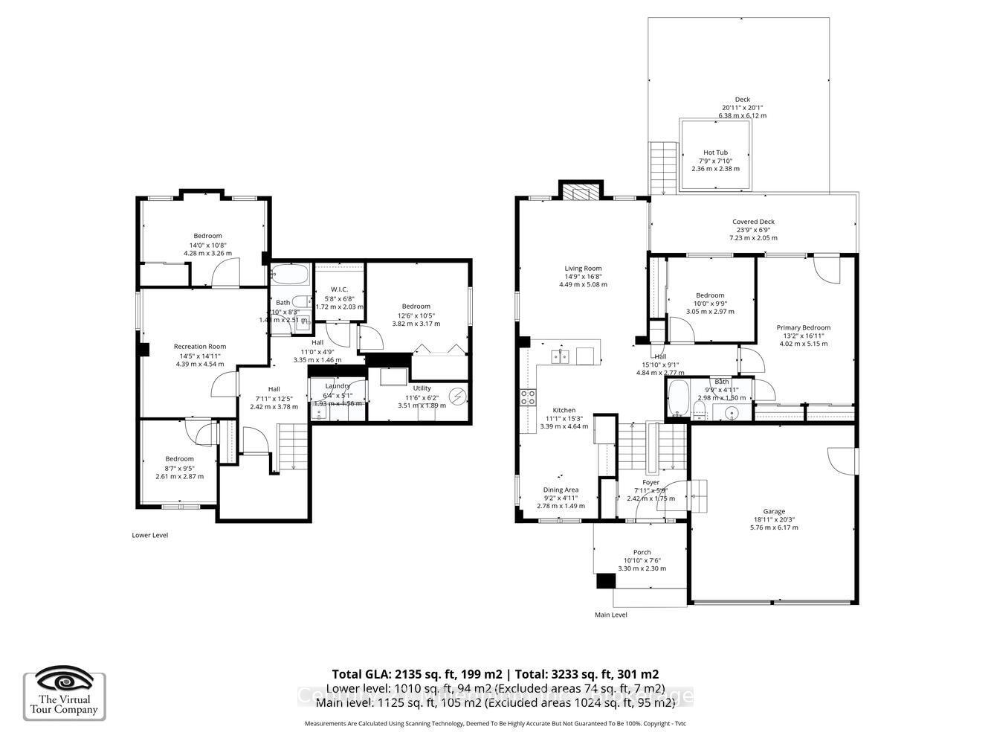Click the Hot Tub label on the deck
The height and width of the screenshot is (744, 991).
point(716,153)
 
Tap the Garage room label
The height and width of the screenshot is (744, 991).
point(774,512)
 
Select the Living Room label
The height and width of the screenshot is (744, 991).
point(583,269)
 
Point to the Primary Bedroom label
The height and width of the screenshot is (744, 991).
point(803,327)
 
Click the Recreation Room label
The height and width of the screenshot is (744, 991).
point(200,347)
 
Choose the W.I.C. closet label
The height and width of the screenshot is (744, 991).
point(339,289)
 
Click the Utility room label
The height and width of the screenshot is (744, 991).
point(422,388)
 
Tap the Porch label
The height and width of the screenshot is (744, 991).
point(642,553)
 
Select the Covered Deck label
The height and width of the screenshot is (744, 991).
point(753,222)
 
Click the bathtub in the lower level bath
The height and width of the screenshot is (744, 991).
point(289,275)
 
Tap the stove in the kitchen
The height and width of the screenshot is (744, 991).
point(528,397)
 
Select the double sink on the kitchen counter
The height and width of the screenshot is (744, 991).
point(561,357)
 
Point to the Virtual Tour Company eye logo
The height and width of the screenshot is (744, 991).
point(65,679)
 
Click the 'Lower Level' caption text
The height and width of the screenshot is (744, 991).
point(149,535)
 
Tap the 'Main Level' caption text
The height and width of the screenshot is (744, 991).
point(610,615)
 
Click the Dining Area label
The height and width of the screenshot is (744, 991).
point(561,490)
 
